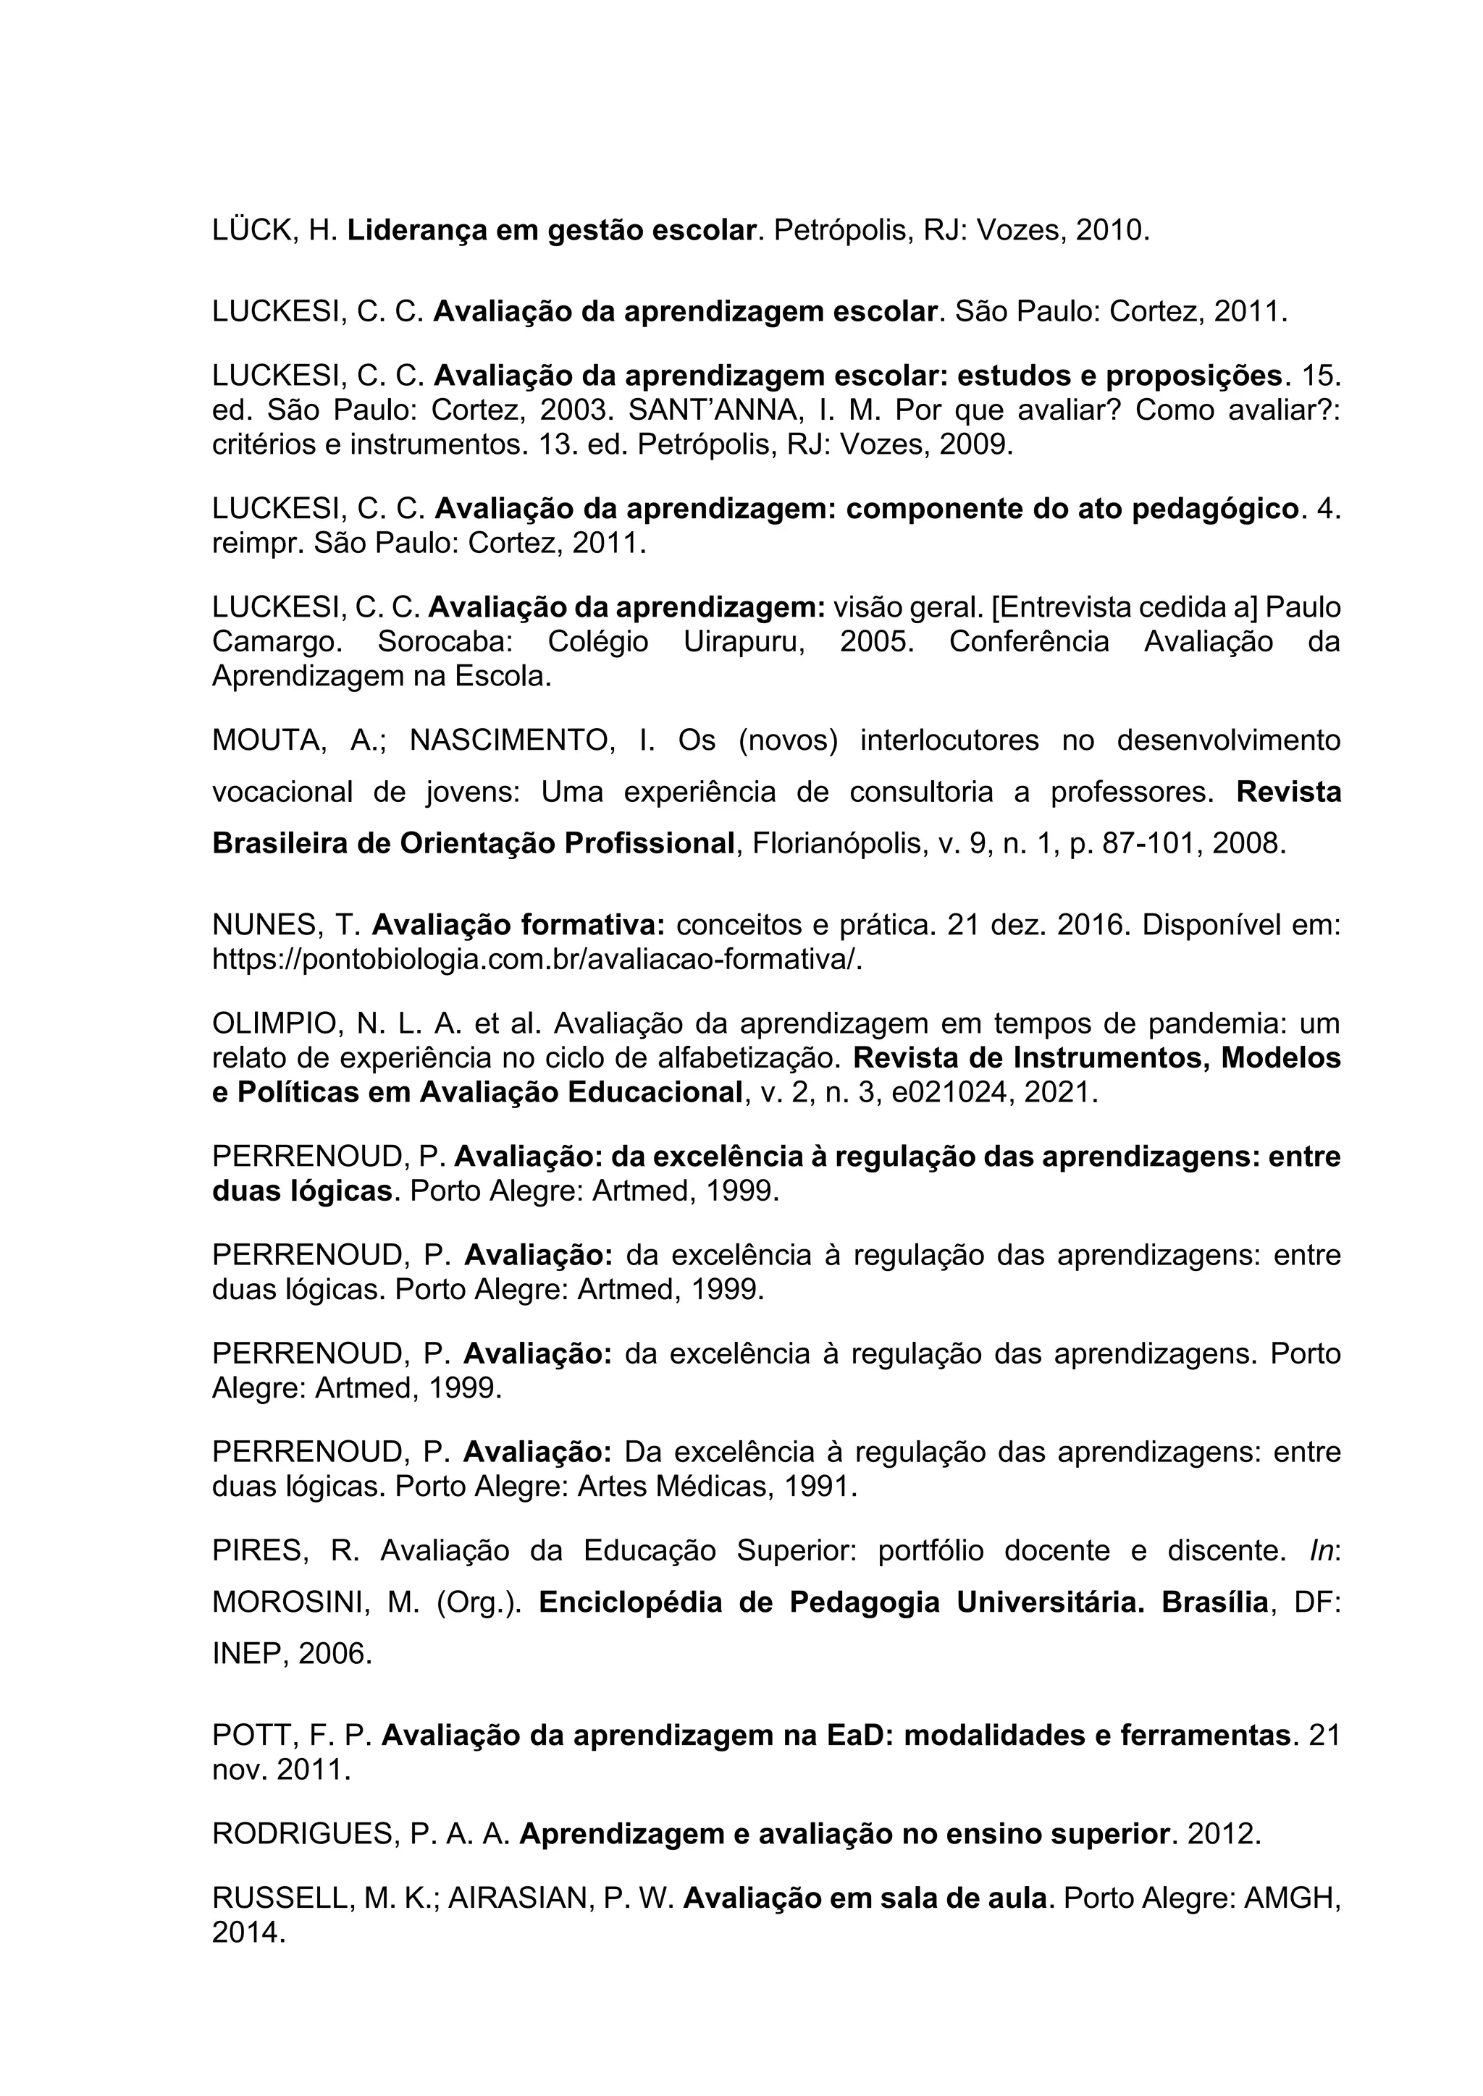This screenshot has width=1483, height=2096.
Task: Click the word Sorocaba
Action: [445, 642]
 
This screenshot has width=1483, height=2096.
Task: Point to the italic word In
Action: [1322, 1551]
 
